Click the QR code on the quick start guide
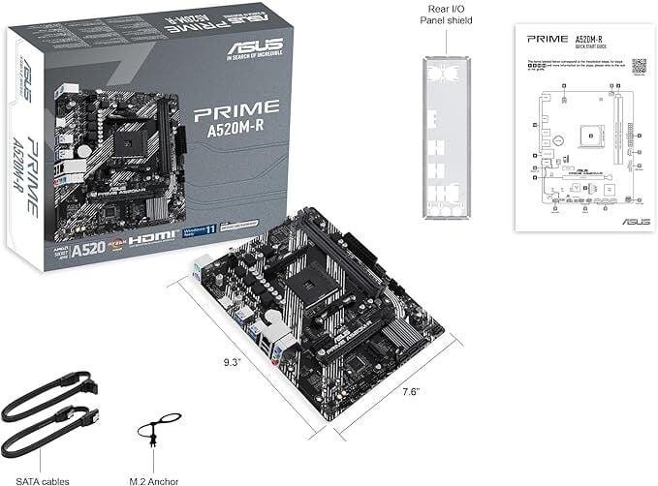click(x=640, y=66)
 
